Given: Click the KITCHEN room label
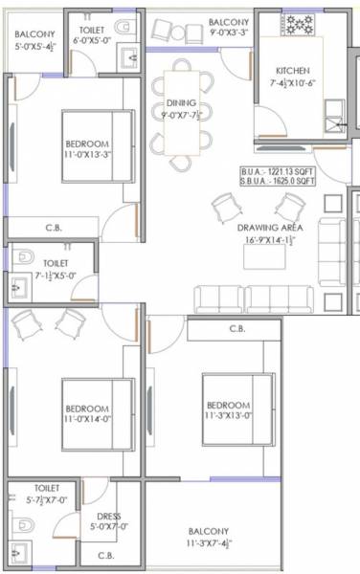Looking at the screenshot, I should [x=291, y=72].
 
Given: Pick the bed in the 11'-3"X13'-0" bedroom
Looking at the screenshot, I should [x=235, y=403].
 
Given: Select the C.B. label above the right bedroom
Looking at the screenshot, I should [x=238, y=330].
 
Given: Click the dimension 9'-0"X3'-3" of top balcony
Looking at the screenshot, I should [x=229, y=33].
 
